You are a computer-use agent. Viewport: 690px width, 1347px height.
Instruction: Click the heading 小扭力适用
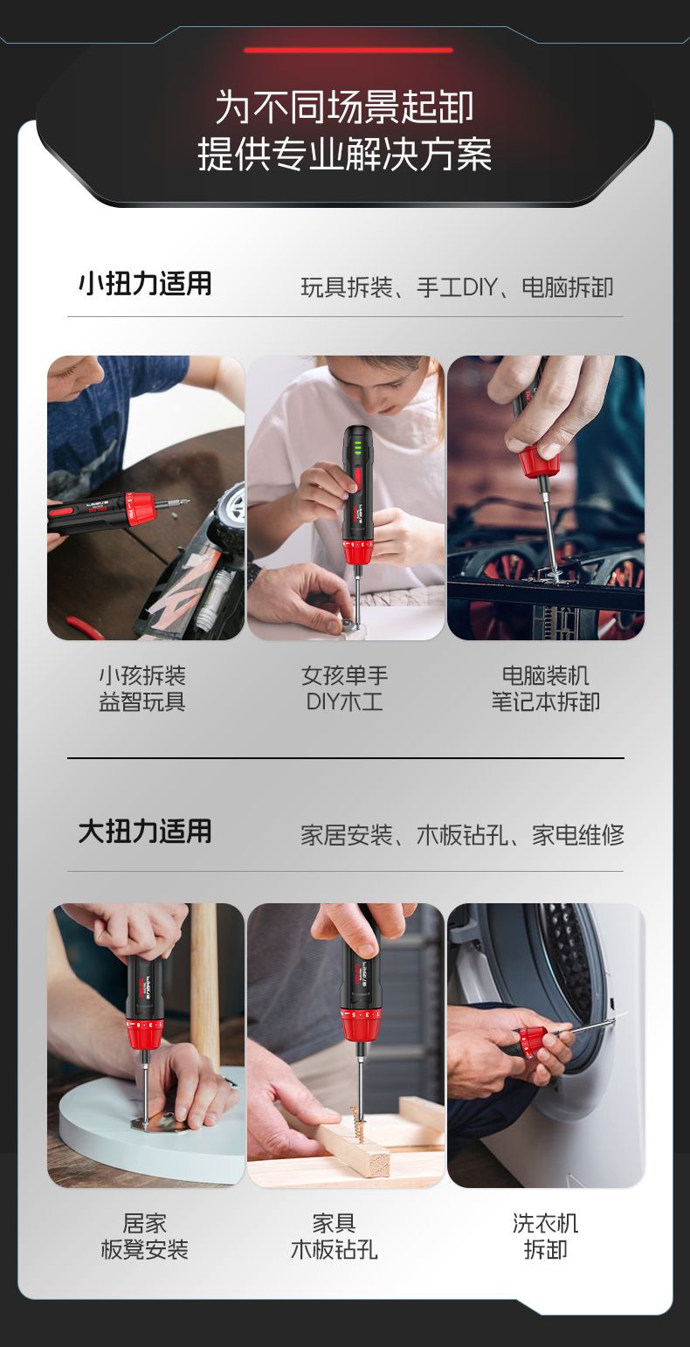(145, 283)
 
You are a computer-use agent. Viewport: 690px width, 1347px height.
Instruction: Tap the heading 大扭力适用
(145, 832)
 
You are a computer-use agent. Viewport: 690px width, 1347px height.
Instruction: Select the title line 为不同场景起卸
(345, 107)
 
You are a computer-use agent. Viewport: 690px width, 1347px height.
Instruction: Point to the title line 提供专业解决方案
(345, 154)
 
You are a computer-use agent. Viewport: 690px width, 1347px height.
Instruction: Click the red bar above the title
(348, 50)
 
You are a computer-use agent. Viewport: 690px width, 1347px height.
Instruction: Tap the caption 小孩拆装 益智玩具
(142, 688)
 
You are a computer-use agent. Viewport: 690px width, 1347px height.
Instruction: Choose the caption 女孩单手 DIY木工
(345, 688)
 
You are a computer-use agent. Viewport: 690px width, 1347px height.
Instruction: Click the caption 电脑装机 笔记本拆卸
(546, 688)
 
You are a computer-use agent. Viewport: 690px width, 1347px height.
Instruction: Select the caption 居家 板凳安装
(145, 1236)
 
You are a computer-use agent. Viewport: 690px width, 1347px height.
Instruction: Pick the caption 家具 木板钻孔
(335, 1236)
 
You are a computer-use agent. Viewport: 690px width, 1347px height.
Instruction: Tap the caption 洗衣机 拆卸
(546, 1236)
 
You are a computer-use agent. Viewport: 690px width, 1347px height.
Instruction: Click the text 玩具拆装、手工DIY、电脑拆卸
(457, 287)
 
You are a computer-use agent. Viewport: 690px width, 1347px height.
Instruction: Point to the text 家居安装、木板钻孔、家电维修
(462, 835)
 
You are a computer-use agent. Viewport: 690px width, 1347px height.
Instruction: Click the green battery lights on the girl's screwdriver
(357, 447)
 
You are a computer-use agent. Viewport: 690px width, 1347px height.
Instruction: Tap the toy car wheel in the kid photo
(231, 511)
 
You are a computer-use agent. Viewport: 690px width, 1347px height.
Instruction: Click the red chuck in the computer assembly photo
(539, 462)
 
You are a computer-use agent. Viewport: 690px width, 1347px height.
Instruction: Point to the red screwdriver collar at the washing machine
(533, 1041)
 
